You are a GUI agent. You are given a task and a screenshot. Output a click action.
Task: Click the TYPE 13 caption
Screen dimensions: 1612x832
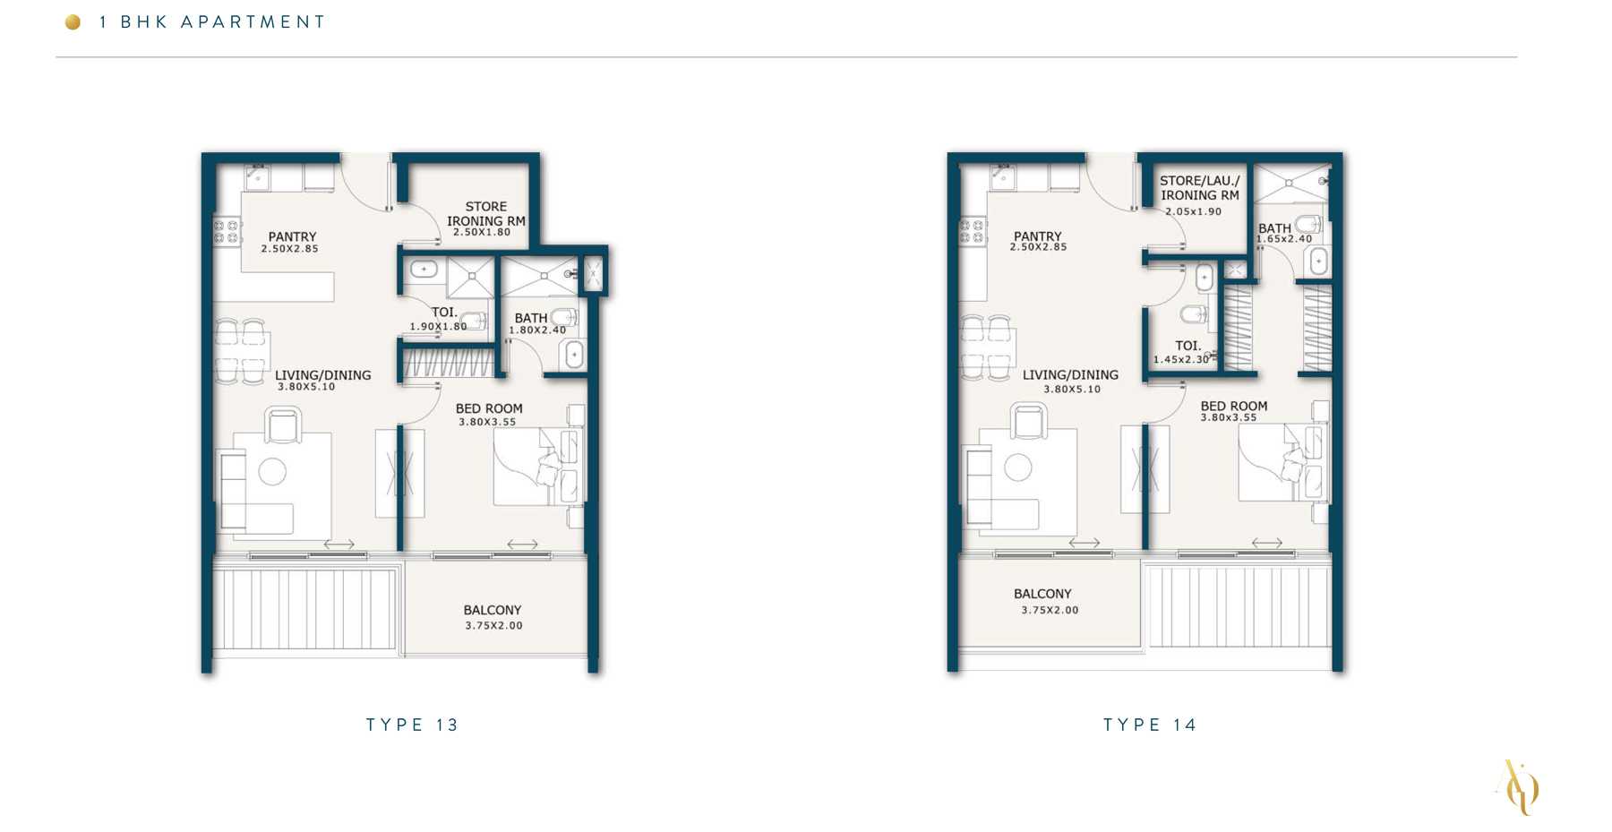coord(412,725)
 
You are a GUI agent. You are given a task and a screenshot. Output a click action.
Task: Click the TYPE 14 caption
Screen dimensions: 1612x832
coord(1150,725)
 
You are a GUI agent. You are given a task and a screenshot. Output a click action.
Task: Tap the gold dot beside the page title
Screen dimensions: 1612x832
coord(73,21)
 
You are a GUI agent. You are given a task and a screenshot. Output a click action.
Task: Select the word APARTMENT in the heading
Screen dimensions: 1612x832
coord(253,21)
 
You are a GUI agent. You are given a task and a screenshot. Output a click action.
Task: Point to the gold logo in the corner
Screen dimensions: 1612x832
coord(1518,787)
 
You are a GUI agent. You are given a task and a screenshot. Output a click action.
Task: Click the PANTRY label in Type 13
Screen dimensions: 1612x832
coord(292,236)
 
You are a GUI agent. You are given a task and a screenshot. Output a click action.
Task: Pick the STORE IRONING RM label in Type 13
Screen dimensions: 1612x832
coord(486,213)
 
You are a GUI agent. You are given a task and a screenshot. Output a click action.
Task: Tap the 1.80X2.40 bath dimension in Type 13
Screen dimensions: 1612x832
coord(537,330)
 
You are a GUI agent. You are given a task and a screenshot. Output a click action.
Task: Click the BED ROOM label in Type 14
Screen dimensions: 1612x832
coord(1234,406)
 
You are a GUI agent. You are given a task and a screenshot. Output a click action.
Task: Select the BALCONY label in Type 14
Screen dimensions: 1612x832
coord(1042,594)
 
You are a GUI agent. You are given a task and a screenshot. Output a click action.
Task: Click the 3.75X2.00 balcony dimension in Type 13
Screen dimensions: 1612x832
coord(493,626)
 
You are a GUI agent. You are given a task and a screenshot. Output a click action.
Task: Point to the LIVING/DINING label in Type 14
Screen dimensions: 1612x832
coord(1070,374)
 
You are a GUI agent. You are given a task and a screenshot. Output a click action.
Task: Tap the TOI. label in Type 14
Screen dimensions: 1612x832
coord(1188,346)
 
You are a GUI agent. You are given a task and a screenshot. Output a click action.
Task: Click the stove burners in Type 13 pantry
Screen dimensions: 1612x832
coord(227,232)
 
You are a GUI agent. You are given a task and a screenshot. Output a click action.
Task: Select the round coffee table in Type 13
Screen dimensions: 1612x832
coord(272,471)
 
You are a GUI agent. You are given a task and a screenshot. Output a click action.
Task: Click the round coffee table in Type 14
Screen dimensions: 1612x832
coord(1018,467)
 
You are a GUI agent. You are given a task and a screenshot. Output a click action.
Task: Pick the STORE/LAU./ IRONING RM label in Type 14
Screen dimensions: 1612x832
coord(1200,188)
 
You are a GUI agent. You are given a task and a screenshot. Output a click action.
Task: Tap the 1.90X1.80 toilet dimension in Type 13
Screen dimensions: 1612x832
coord(438,327)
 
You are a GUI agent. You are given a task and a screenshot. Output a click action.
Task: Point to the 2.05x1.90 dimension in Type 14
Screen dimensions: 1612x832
coord(1193,211)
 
